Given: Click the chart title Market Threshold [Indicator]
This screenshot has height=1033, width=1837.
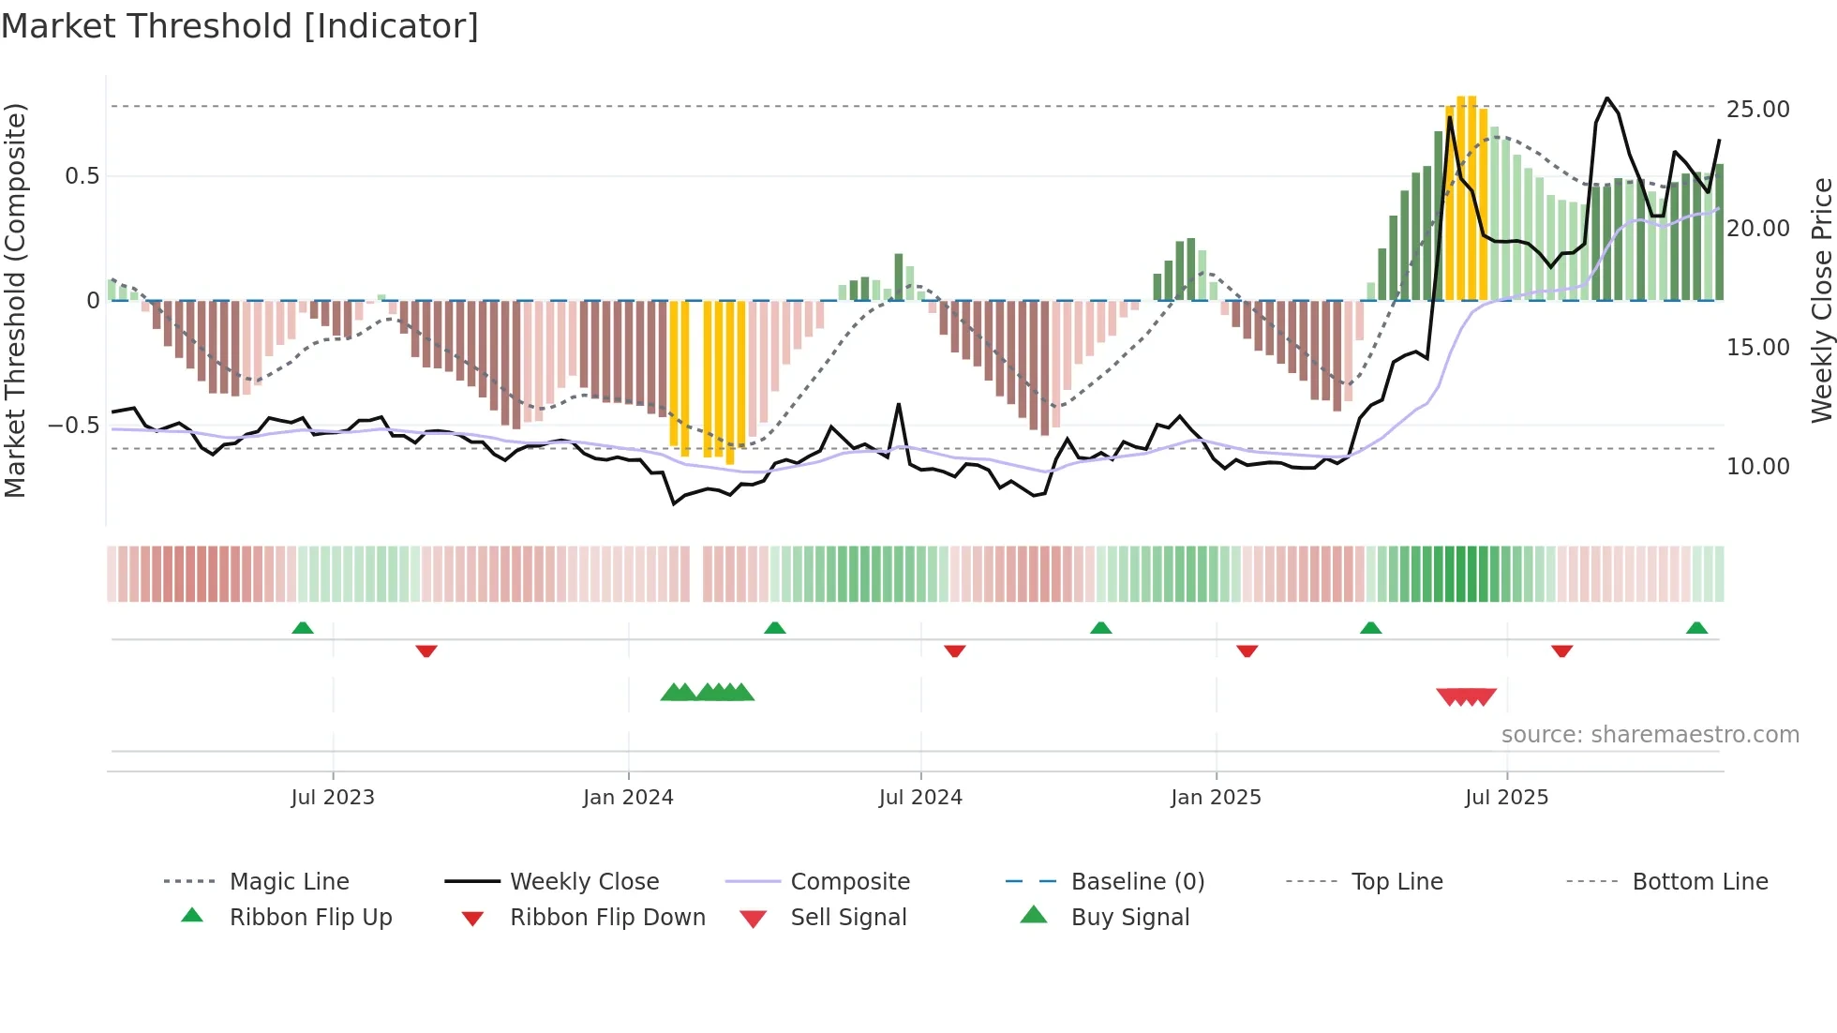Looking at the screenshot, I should [240, 26].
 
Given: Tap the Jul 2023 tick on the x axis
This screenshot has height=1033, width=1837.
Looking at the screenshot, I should [333, 797].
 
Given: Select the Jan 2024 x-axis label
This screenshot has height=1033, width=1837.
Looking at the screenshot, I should [628, 797].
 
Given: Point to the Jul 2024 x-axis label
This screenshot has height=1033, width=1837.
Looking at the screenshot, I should [920, 797].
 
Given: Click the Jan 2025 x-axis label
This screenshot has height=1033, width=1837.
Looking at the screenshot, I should [1216, 797].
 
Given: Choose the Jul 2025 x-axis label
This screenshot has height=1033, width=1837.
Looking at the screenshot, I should [1506, 797].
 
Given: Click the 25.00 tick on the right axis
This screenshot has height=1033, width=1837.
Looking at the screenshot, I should [1757, 109].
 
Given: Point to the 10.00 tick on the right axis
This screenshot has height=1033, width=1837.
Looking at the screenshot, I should [1757, 466].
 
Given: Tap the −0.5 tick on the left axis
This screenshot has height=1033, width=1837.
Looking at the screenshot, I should [74, 425].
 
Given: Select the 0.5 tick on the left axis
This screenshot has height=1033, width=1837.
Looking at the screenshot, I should [82, 175].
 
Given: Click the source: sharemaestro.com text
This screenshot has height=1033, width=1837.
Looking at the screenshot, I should [1650, 734].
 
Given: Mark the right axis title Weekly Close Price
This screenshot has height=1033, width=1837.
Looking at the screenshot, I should [1821, 300].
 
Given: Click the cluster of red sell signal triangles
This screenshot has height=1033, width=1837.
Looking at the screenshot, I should [1466, 696].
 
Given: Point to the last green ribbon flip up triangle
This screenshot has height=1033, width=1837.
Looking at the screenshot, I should [1696, 628].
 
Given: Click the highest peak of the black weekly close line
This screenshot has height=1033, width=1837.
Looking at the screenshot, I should [1607, 98].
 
